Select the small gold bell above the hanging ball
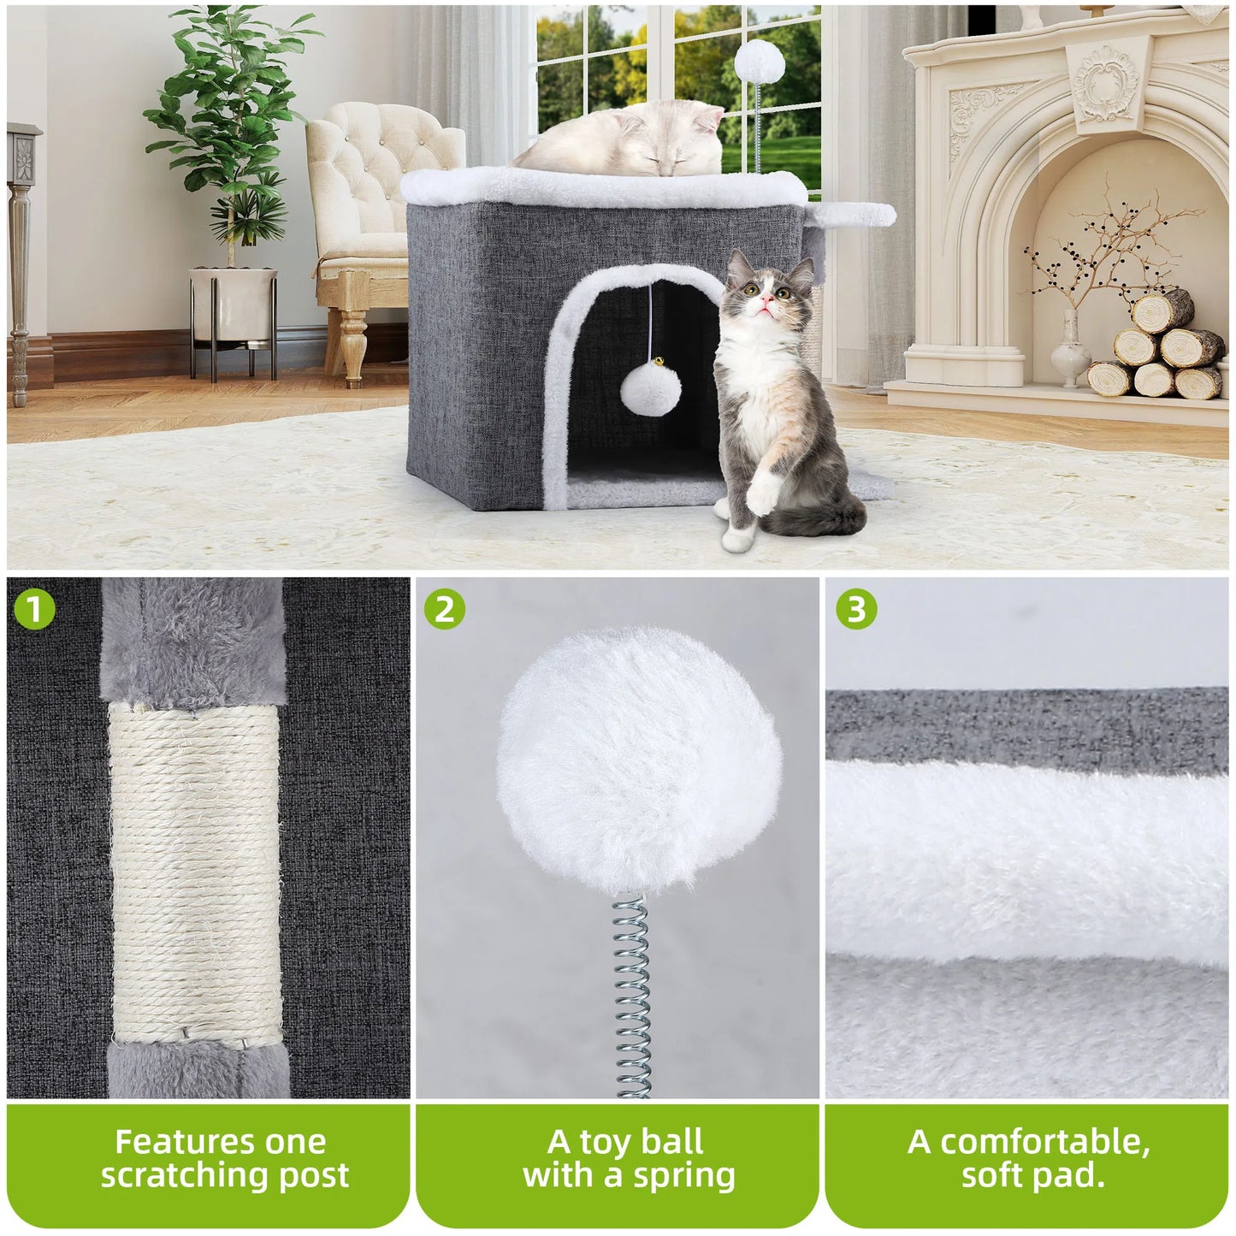click(x=651, y=364)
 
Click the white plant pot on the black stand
click(x=234, y=304)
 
